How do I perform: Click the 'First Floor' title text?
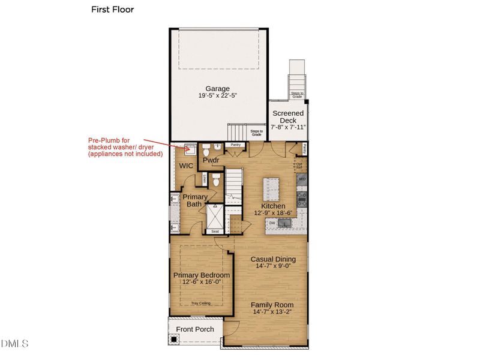(x=112, y=10)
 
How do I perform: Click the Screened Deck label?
(x=288, y=116)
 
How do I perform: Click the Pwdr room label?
(x=210, y=161)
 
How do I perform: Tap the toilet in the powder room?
(x=205, y=147)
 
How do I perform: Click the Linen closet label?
(x=204, y=178)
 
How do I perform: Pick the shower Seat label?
(x=215, y=231)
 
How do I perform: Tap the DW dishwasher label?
(x=272, y=223)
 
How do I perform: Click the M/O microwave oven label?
(x=302, y=179)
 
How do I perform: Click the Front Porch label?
(x=195, y=329)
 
